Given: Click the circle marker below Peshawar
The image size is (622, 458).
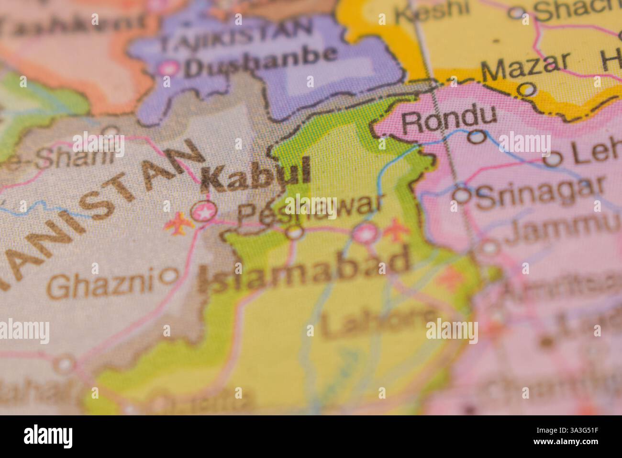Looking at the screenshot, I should click(x=295, y=232).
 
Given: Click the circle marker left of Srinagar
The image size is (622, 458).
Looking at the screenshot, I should click(x=462, y=195).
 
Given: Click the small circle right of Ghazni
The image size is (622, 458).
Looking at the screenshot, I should click(x=169, y=275).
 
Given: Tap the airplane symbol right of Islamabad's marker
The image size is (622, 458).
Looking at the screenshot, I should click(x=395, y=229).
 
